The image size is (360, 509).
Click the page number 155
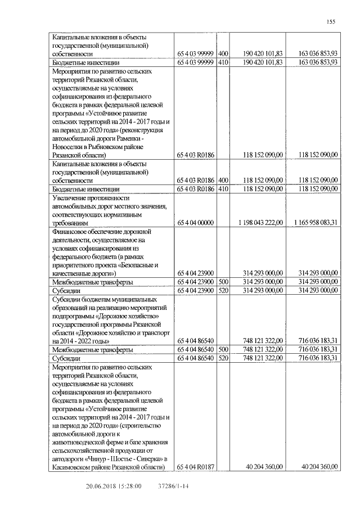[330, 21]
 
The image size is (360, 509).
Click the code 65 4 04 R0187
[196, 467]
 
